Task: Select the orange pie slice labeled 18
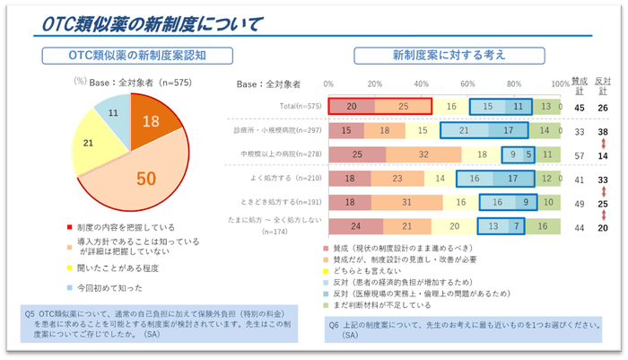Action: click(153, 125)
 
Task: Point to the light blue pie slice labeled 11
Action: click(112, 114)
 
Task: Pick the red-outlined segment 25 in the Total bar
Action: click(403, 106)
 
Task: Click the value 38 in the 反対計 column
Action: click(604, 131)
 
